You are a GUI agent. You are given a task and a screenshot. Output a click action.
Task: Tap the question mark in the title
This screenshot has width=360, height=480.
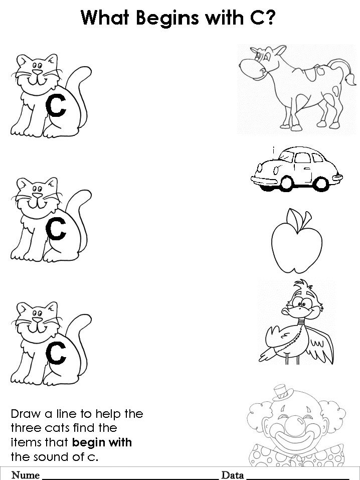click(x=270, y=18)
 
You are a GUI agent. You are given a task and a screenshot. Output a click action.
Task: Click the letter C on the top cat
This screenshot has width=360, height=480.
click(x=56, y=105)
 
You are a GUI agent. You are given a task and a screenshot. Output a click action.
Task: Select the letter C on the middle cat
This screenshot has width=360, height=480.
click(x=56, y=229)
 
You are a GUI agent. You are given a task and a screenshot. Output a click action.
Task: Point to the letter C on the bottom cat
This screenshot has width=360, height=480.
click(x=56, y=353)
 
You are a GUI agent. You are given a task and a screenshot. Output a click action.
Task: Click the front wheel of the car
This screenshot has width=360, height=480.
click(x=287, y=184)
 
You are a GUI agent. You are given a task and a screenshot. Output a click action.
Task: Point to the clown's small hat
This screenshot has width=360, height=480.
click(x=282, y=393)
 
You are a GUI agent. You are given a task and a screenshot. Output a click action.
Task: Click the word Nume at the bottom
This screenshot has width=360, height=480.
click(x=26, y=475)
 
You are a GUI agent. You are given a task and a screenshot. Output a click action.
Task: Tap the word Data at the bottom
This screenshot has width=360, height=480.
click(x=232, y=475)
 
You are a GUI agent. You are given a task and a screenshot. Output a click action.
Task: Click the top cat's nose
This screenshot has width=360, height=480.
click(x=37, y=72)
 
